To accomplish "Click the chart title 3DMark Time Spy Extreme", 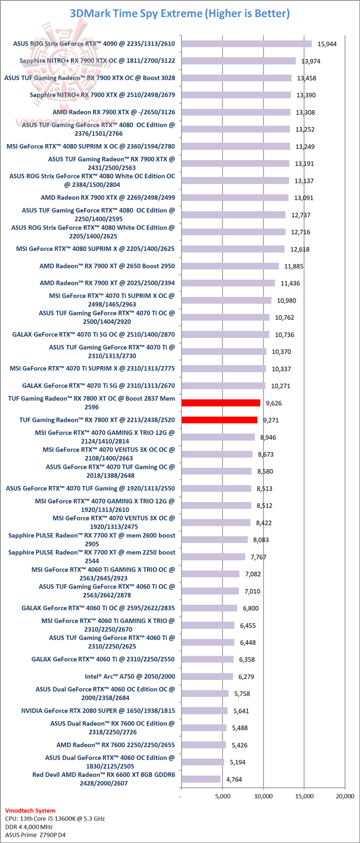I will coord(179,13).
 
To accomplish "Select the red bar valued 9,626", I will coord(220,403).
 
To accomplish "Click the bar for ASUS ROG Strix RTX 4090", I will coord(246,44).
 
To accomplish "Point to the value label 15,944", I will coord(327,44).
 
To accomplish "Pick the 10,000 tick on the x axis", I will coord(263,796).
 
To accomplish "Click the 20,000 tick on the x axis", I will coord(344,796).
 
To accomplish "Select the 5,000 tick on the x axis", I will coord(222,796).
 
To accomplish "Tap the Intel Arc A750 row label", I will coord(130,676).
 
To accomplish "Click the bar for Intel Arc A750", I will coord(207,676).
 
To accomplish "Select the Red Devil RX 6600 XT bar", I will coord(200,779).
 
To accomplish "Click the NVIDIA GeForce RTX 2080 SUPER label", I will coord(98,710).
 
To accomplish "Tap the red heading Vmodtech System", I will coord(30,810).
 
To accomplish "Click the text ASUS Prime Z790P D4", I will coord(35,834).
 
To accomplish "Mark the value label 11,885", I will coord(294,266).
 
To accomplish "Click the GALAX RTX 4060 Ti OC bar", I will coord(209,608).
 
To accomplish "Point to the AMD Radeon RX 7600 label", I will coord(115,745).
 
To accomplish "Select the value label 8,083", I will coord(264,540).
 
